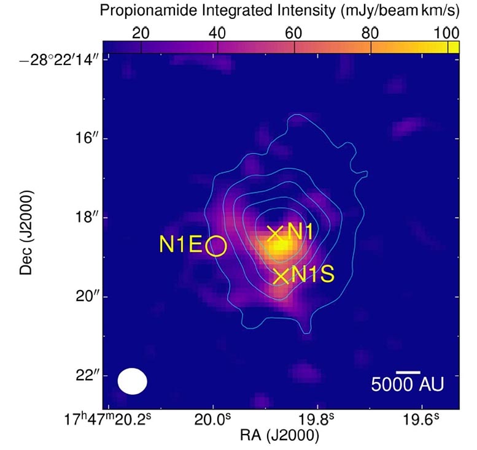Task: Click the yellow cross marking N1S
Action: coord(281,276)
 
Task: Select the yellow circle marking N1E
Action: coord(217,246)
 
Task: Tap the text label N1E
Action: coord(180,245)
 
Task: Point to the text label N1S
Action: coord(313,275)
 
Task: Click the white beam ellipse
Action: coord(133,381)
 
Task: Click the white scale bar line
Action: coord(408,372)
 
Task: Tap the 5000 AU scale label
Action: coord(407,384)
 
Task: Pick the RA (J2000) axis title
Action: coord(280,436)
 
